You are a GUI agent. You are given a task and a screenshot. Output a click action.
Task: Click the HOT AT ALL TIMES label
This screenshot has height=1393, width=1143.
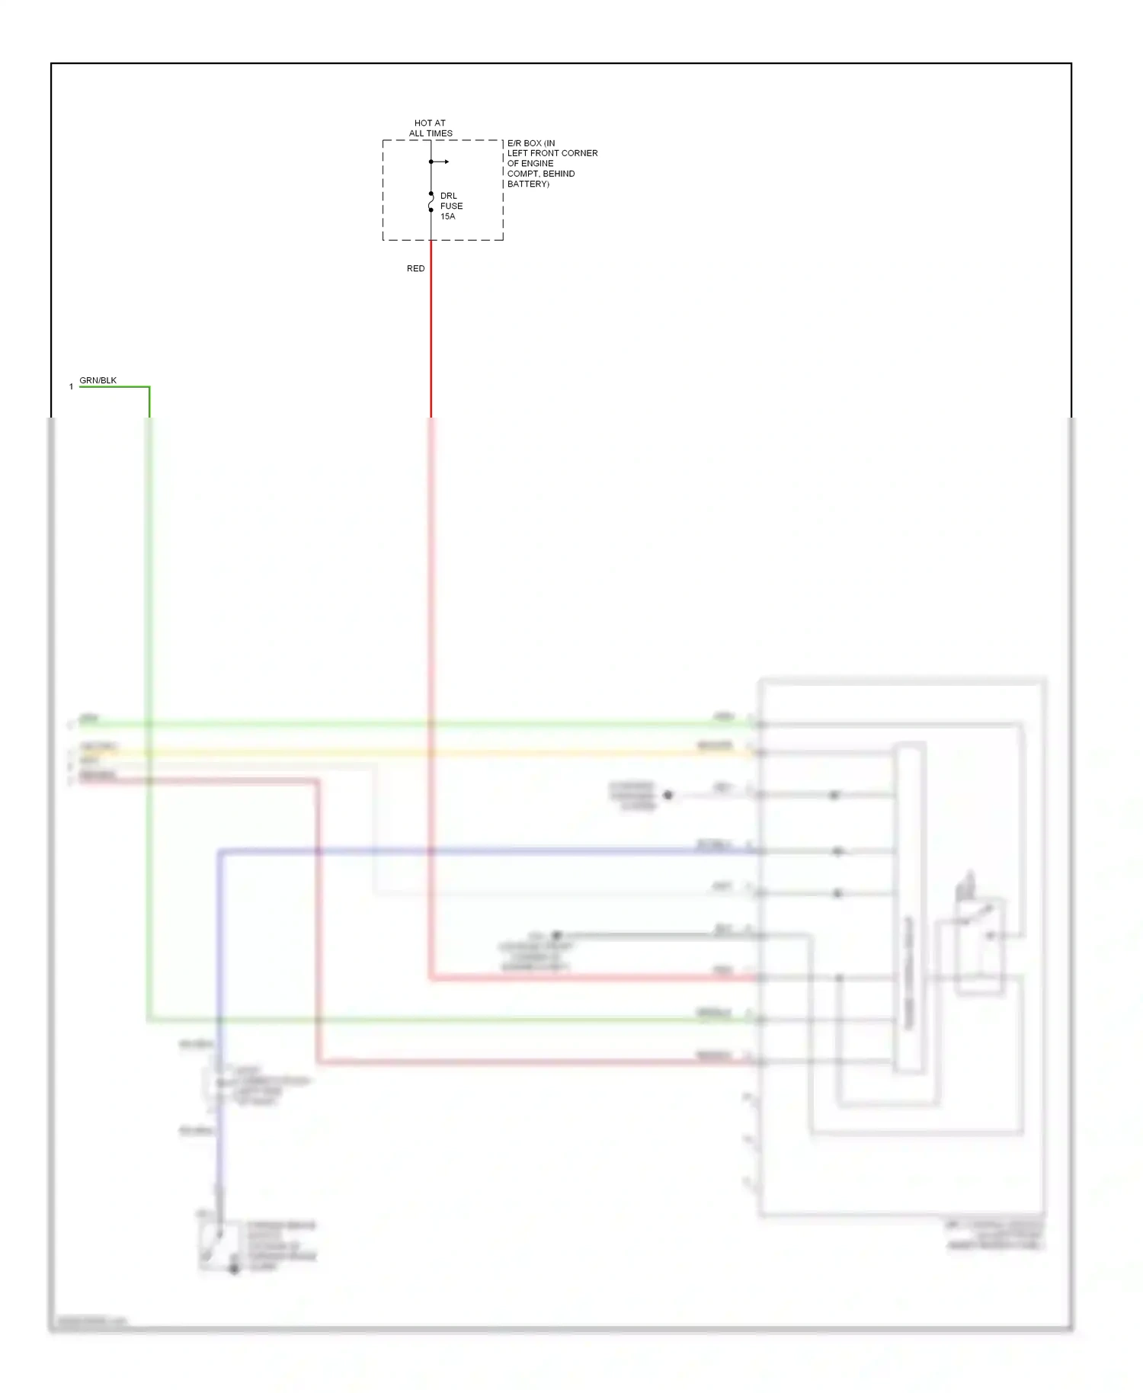pos(431,128)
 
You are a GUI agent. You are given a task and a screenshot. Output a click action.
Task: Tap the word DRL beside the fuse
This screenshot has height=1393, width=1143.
pos(448,196)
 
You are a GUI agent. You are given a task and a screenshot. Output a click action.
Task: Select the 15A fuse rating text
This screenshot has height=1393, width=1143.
pos(447,216)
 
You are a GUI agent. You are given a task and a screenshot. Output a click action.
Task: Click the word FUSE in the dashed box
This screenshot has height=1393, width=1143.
pos(451,206)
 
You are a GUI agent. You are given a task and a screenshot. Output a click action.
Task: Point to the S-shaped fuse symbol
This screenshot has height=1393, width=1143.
pos(431,202)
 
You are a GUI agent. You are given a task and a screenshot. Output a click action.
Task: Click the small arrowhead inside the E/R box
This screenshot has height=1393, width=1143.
pos(447,162)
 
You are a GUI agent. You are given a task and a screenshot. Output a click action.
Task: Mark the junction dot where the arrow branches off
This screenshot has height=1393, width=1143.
pos(431,162)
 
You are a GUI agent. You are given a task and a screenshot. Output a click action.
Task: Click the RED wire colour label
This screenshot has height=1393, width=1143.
pos(415,268)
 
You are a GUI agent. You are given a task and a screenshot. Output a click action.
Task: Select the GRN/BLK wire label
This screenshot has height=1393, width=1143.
pos(98,380)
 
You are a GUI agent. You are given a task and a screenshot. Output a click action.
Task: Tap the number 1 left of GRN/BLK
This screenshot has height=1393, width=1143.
pos(71,387)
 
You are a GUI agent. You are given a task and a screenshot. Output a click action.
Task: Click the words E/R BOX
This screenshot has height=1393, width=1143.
pos(524,143)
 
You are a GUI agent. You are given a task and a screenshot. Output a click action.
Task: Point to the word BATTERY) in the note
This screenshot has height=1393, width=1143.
pos(528,184)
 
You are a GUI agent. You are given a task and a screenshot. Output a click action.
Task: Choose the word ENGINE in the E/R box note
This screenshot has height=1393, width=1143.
pos(538,164)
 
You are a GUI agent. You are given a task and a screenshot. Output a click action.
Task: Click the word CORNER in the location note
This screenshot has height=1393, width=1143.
pos(579,153)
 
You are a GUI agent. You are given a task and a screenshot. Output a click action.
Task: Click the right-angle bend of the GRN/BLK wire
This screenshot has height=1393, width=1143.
pos(149,387)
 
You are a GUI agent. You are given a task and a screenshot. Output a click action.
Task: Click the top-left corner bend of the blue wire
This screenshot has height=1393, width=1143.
pos(219,851)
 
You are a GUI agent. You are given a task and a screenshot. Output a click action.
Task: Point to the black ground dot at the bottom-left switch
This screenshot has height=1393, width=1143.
pos(234,1268)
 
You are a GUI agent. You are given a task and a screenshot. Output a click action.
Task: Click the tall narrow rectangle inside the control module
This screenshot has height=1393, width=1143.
pos(910,907)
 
